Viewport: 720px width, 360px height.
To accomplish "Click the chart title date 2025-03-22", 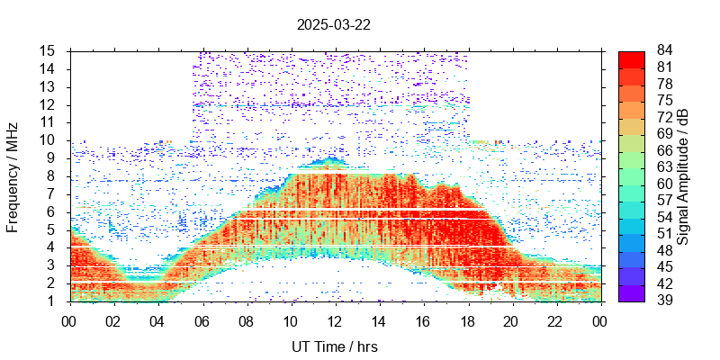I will click(334, 24).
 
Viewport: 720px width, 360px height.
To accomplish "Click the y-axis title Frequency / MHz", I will click(13, 175).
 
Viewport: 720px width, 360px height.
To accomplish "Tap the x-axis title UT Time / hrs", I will click(334, 346).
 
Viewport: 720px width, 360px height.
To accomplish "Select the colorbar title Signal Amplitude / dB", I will click(684, 175).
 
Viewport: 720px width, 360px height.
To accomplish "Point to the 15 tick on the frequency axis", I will click(49, 50).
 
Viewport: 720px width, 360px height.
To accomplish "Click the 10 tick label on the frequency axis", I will click(49, 140).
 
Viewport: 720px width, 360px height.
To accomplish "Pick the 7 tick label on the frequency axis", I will click(53, 193).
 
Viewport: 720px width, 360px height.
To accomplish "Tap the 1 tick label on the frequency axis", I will click(53, 301).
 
